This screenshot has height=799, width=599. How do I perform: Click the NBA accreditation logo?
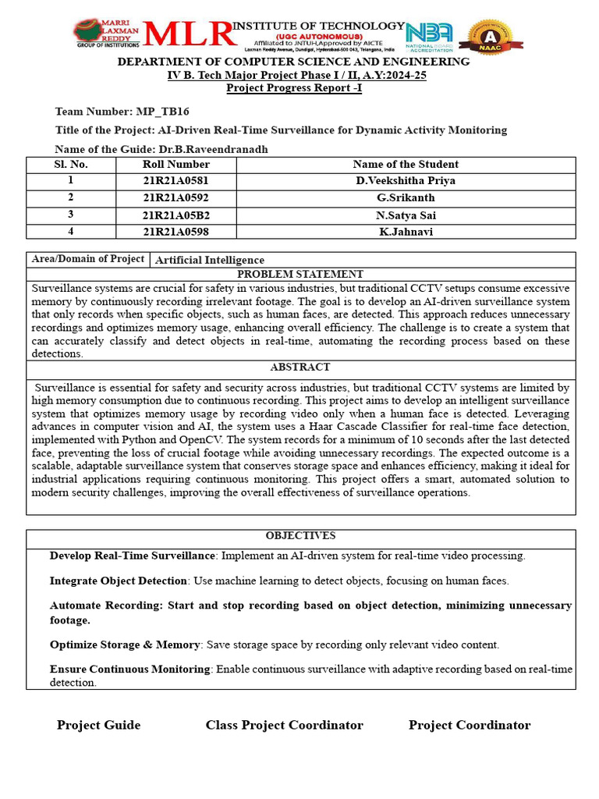pyautogui.click(x=429, y=36)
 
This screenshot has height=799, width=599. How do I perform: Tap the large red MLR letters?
pyautogui.click(x=188, y=34)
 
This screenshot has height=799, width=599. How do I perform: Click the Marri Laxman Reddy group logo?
pyautogui.click(x=106, y=33)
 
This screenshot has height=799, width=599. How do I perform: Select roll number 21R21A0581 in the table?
pyautogui.click(x=175, y=181)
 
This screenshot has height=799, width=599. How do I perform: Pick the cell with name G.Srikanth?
pyautogui.click(x=406, y=198)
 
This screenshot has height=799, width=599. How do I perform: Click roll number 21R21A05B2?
pyautogui.click(x=175, y=215)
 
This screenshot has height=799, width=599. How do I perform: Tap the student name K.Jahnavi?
pyautogui.click(x=406, y=232)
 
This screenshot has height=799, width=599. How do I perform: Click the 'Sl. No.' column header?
pyautogui.click(x=71, y=165)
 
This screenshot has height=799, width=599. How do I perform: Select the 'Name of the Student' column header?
pyautogui.click(x=406, y=165)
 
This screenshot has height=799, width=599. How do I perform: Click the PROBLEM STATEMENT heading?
pyautogui.click(x=300, y=275)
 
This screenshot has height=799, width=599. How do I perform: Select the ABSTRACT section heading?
pyautogui.click(x=300, y=368)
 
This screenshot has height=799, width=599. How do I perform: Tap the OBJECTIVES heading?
pyautogui.click(x=300, y=536)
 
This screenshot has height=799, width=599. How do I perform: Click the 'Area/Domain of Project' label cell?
pyautogui.click(x=87, y=259)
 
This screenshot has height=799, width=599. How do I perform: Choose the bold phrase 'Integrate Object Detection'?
pyautogui.click(x=119, y=581)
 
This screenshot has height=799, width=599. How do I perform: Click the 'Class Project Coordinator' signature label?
pyautogui.click(x=284, y=726)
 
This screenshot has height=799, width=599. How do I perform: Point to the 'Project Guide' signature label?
pyautogui.click(x=98, y=726)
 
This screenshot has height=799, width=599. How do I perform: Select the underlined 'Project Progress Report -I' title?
pyautogui.click(x=294, y=88)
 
